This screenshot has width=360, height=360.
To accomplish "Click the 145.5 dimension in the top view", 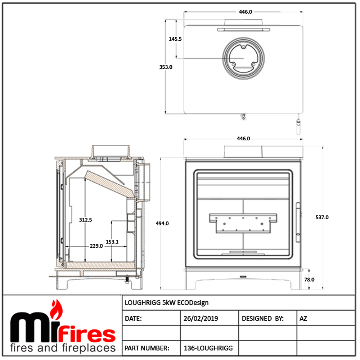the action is [175, 39].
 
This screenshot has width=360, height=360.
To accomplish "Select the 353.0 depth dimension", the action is [166, 67].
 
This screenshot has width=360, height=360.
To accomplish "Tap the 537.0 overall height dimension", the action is [322, 217].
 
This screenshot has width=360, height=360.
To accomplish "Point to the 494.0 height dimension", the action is [162, 224].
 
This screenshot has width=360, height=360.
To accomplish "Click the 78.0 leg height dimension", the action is [309, 280].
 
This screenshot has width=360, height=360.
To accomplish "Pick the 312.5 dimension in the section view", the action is [85, 220].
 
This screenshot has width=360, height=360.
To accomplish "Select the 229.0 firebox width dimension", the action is [96, 246].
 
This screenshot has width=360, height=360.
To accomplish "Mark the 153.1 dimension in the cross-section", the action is [112, 242].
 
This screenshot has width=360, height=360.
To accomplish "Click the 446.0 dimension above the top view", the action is [246, 12].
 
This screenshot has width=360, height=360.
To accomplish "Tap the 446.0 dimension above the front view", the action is [243, 139].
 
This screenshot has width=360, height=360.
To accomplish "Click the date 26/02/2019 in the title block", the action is [201, 319].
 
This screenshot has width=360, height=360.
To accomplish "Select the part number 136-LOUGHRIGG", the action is [208, 348].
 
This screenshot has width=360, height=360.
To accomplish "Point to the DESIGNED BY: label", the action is [263, 319].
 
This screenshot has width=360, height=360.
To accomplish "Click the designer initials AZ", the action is [303, 319].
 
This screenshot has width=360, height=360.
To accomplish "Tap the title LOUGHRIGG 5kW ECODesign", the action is [166, 303].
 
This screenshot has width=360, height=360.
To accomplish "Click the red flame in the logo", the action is [57, 310].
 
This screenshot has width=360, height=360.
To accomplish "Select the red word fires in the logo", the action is [87, 333].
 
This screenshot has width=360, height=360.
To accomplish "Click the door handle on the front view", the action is [298, 222].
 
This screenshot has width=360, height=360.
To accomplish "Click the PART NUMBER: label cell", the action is [147, 348].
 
